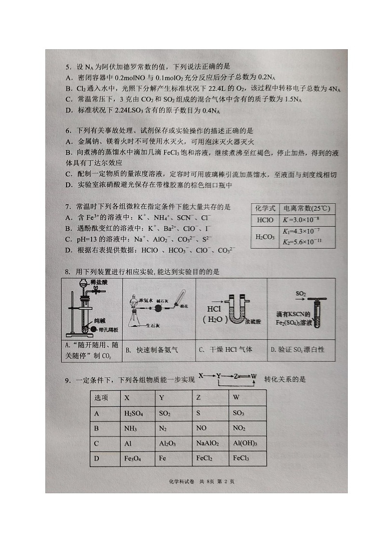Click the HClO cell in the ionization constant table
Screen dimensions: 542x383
[x=265, y=220]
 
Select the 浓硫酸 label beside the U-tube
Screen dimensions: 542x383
[x=252, y=320]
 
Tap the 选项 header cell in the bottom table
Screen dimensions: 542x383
[x=101, y=398]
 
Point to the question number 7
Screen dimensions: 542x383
[x=68, y=207]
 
